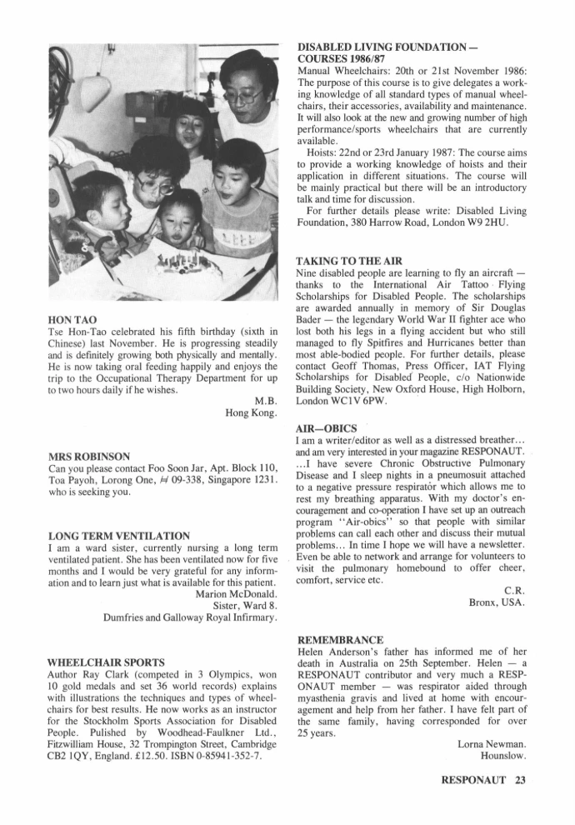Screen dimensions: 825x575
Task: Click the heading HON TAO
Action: [72, 320]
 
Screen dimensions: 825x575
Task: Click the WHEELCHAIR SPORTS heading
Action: [107, 662]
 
